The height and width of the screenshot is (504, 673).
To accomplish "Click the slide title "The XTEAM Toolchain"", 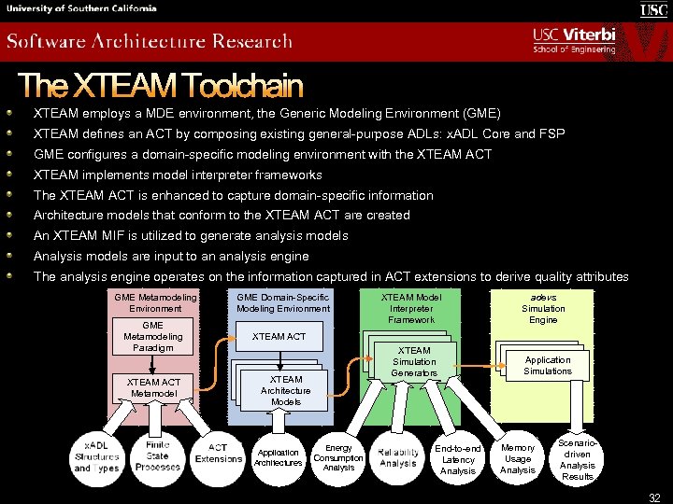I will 160,86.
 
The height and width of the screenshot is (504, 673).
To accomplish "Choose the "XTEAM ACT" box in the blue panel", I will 279,336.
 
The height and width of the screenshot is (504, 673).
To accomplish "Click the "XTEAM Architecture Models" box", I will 286,390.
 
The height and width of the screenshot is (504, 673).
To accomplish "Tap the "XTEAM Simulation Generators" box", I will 414,362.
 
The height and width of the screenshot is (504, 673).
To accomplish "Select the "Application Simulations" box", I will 548,365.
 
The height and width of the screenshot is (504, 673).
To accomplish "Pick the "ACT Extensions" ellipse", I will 218,454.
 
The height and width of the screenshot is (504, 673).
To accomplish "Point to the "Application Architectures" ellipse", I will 279,457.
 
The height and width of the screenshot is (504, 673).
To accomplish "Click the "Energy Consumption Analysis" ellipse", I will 338,457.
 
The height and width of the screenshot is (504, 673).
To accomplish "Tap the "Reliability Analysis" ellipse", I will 398,457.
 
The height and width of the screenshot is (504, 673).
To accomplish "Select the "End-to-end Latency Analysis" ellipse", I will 458,459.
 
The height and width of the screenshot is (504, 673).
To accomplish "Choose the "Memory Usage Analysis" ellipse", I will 518,458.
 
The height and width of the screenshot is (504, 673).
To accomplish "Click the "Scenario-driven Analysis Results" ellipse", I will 578,458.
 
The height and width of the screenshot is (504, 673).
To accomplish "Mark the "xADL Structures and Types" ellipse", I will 97,457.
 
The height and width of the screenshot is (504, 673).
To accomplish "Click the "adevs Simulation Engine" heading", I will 543,309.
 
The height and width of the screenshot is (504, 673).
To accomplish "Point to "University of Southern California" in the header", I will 81,8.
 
